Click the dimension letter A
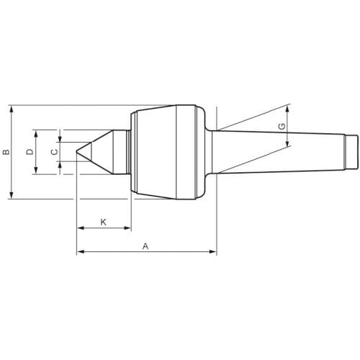tap(145, 246)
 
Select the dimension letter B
tap(6, 152)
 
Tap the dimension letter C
tap(55, 152)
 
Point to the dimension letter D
tap(30, 152)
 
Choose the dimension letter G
tap(282, 126)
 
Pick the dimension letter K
tap(103, 222)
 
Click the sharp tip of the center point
tap(76, 151)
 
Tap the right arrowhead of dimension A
tap(213, 251)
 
